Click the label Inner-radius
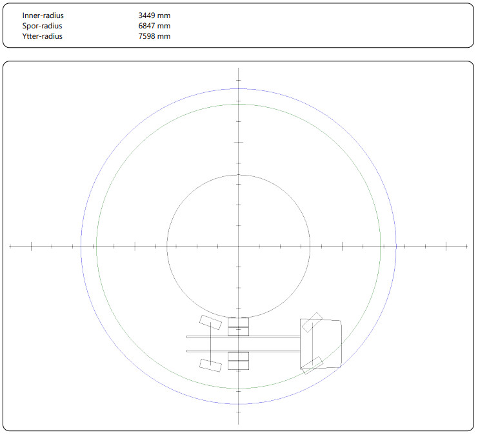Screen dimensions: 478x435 43,15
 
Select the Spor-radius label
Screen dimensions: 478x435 42,26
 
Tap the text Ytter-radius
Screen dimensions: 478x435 42,36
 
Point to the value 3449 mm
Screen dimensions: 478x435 154,15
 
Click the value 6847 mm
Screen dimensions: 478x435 154,26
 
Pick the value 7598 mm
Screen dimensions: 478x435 154,36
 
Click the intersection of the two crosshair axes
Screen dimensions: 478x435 239,246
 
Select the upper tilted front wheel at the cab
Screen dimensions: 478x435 312,322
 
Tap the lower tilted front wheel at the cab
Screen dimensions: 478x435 312,365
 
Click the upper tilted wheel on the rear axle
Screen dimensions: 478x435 210,323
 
